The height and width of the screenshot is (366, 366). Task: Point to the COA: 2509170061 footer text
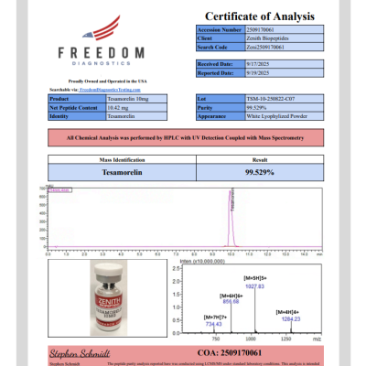[261, 351]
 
